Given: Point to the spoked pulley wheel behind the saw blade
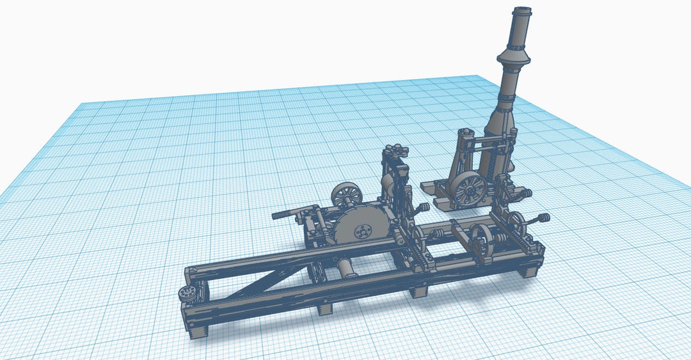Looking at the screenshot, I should [x=347, y=194].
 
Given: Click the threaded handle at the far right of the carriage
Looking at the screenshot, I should [x=543, y=219].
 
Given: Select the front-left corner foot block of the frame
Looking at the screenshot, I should [x=198, y=331].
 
